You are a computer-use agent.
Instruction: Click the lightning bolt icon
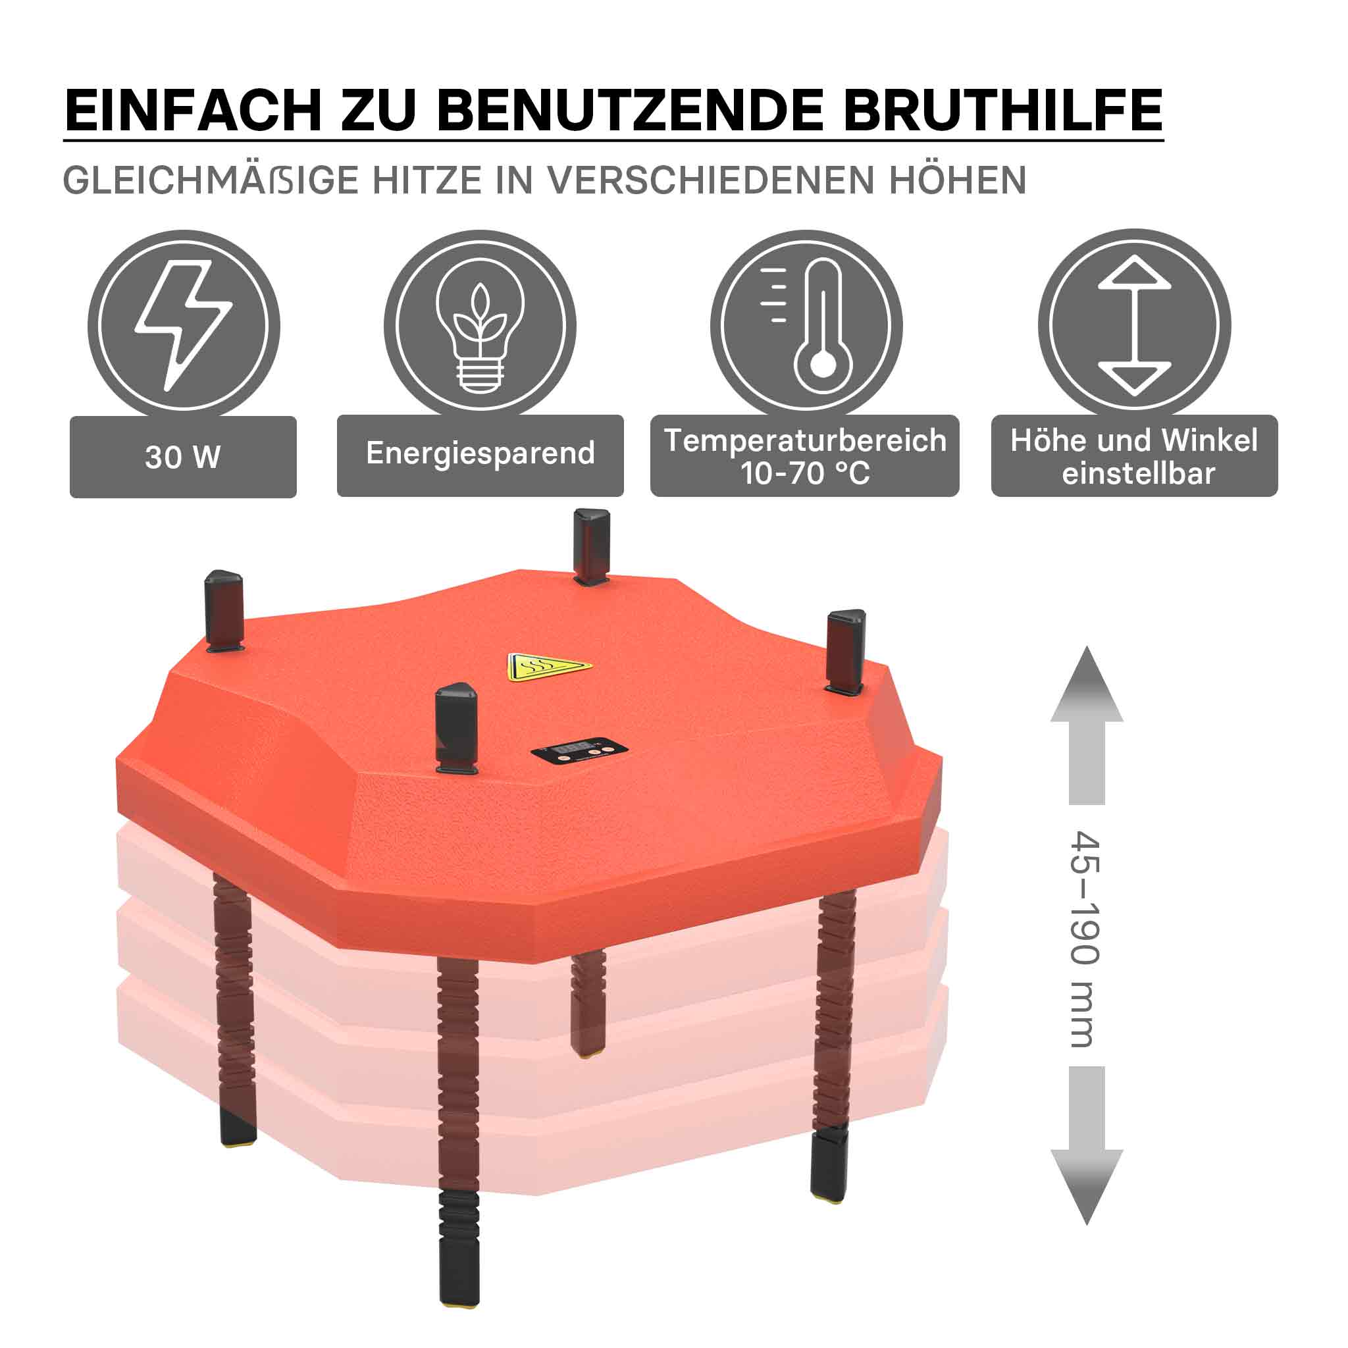click(x=184, y=325)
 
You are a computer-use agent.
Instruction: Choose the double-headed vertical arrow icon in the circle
click(x=1135, y=325)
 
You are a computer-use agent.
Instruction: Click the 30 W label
click(x=183, y=457)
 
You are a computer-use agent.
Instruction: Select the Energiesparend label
click(x=480, y=454)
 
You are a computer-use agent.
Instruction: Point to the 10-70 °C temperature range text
click(x=805, y=474)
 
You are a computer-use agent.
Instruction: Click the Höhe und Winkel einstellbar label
click(x=1135, y=456)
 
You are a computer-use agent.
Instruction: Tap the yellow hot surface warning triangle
click(x=548, y=667)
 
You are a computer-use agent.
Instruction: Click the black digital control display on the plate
click(x=579, y=751)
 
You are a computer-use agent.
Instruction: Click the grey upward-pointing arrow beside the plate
click(x=1086, y=725)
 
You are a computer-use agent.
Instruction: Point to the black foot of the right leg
click(x=829, y=1165)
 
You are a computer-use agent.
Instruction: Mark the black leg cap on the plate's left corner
click(x=223, y=609)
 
